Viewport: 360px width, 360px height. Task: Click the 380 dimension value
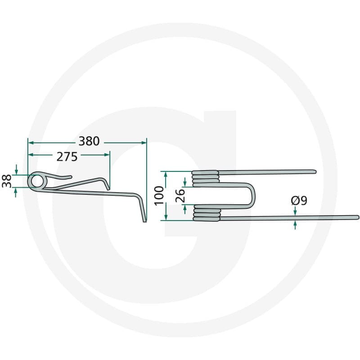(89, 141)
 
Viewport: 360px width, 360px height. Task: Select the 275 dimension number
(67, 157)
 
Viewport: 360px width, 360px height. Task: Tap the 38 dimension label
(7, 181)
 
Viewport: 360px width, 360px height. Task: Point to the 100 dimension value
(159, 195)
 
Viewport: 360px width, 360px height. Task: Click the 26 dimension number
(180, 196)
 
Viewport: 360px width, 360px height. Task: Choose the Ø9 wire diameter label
(299, 201)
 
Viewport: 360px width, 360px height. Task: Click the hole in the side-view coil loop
(37, 181)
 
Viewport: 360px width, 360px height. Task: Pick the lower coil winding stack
(207, 213)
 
